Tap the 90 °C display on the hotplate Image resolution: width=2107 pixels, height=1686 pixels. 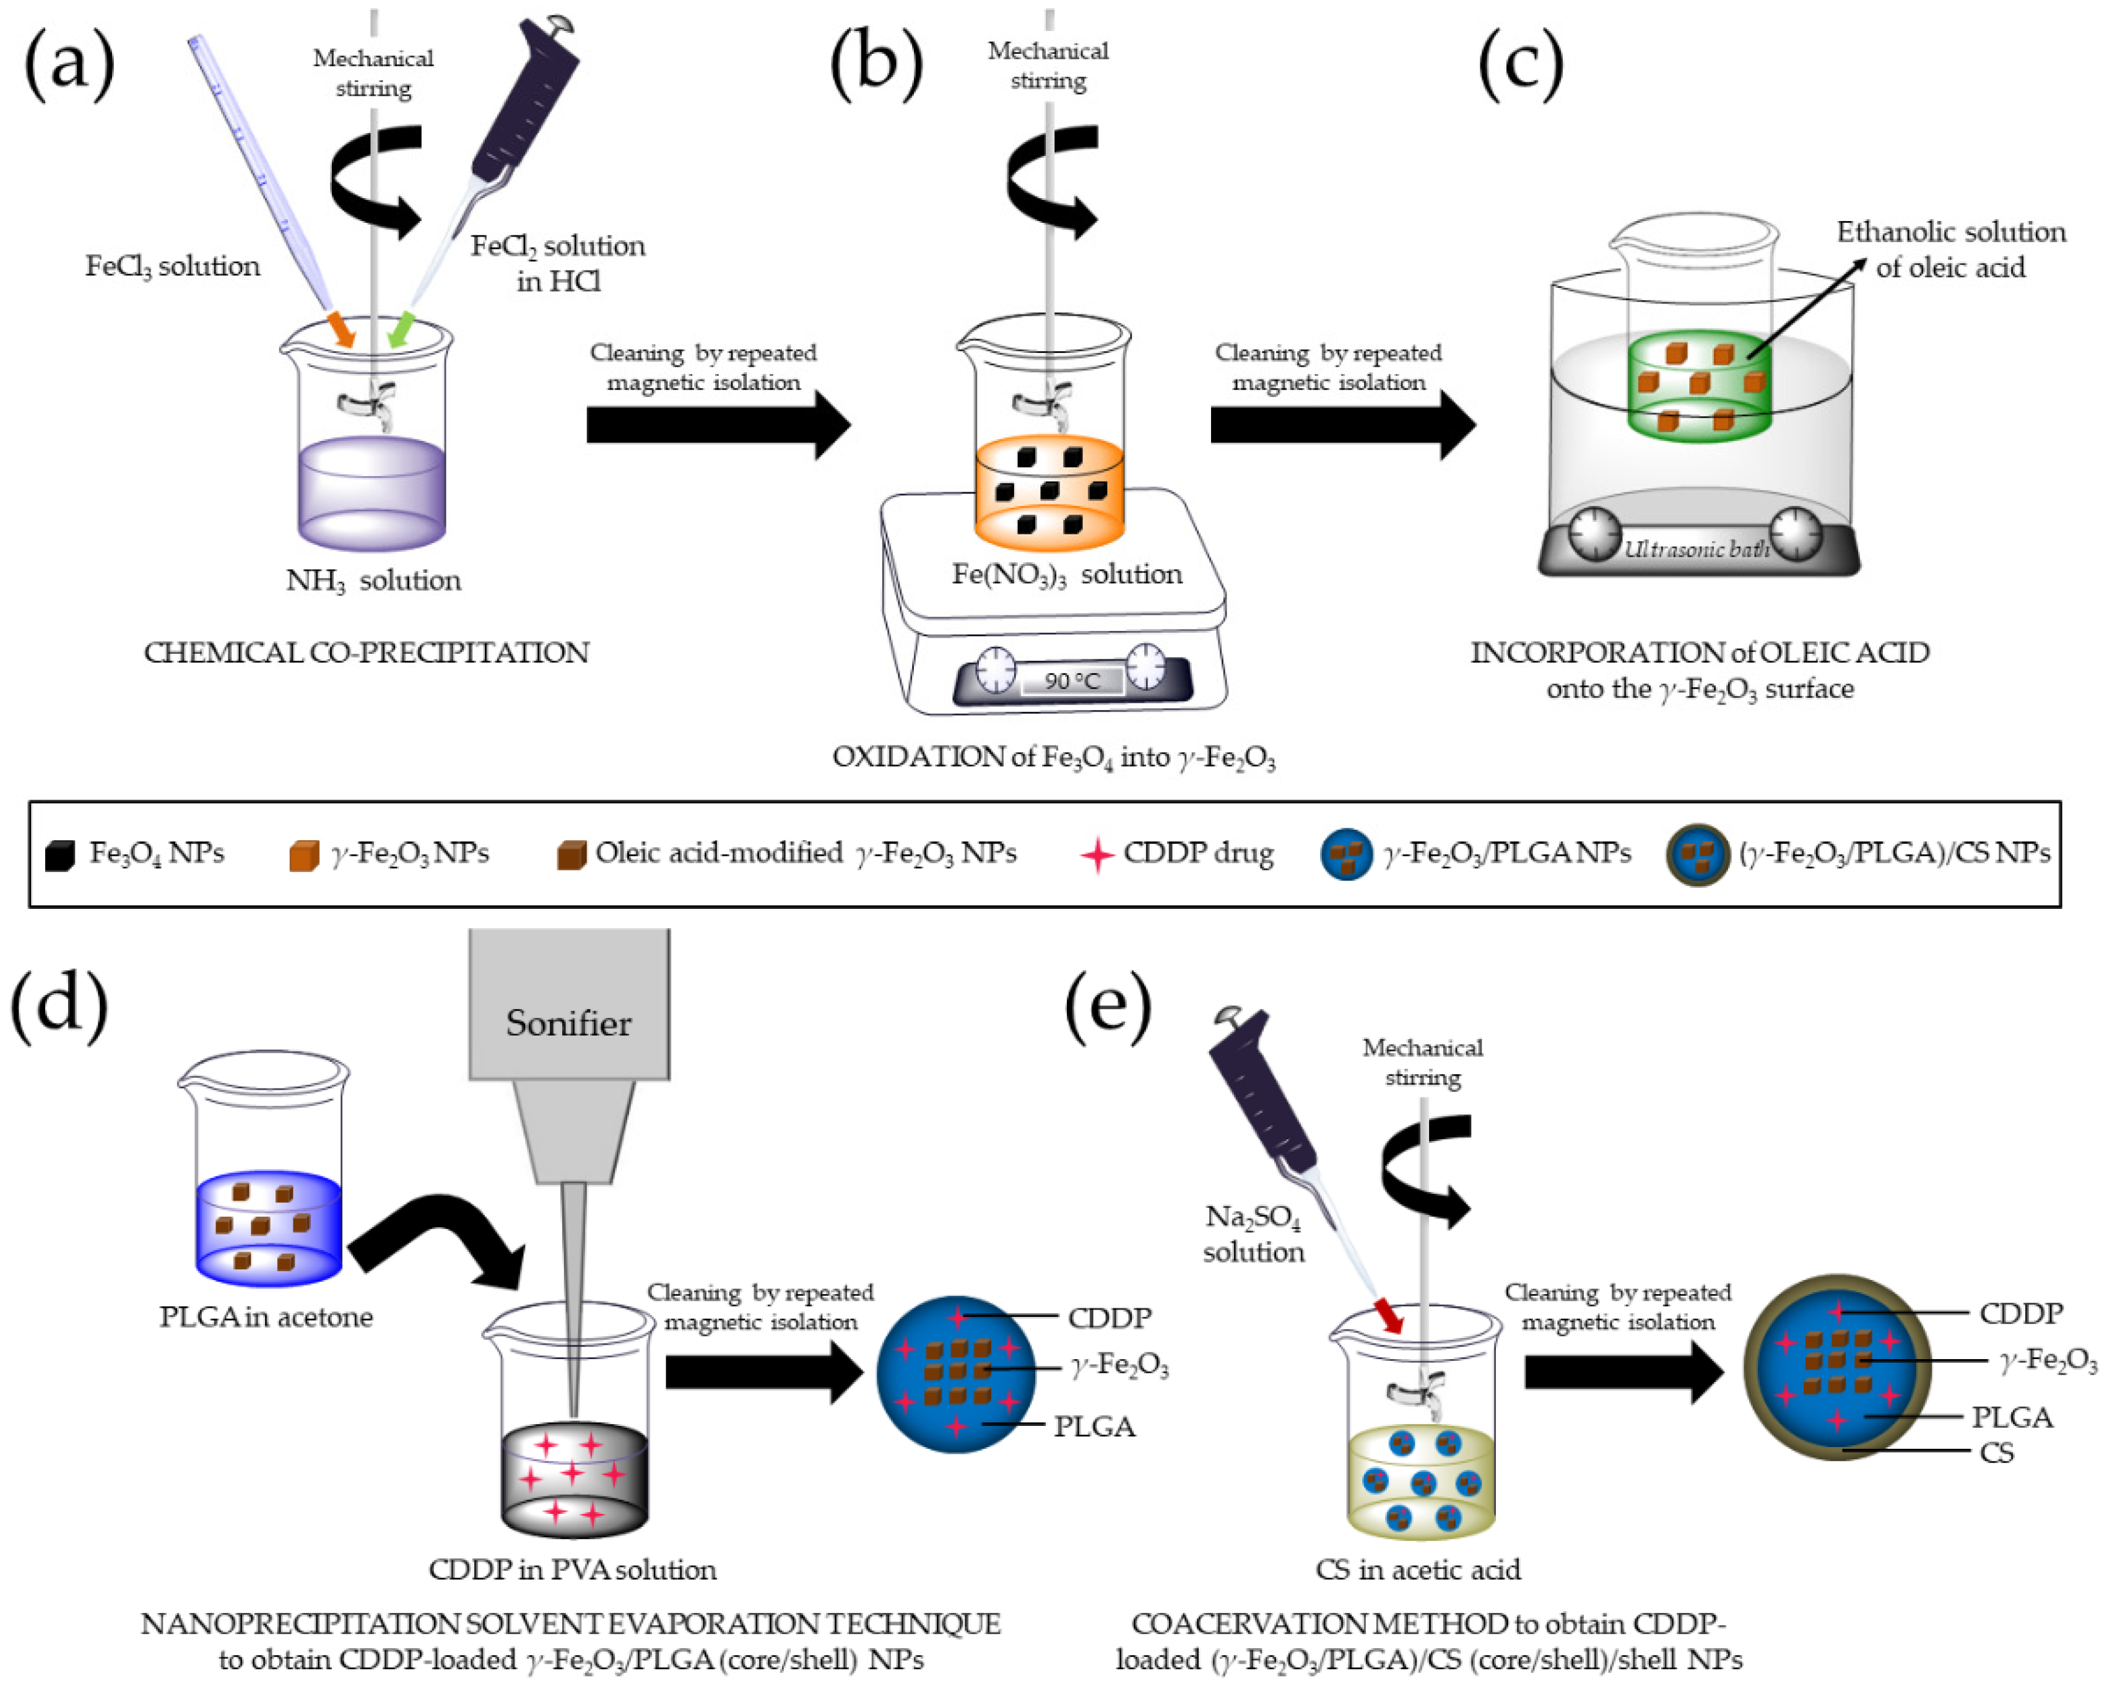point(1071,680)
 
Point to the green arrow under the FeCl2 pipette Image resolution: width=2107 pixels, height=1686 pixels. point(400,331)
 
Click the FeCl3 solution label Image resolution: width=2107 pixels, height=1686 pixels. point(172,266)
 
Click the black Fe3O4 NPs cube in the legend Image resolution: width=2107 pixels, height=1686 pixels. point(59,855)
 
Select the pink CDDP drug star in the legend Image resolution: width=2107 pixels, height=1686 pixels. point(1097,855)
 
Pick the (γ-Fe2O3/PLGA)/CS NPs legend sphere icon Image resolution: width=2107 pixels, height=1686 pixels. point(1698,855)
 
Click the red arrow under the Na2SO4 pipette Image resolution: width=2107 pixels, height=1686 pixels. point(1389,1314)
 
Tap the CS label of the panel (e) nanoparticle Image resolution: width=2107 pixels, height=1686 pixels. point(1997,1453)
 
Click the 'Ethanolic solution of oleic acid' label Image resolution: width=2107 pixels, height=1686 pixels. point(1950,250)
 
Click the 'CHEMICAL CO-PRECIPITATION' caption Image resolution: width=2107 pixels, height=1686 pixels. point(367,652)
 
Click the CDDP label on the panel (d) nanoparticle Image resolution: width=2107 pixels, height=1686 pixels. point(1109,1318)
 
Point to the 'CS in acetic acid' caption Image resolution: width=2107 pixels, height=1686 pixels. point(1417,1570)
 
